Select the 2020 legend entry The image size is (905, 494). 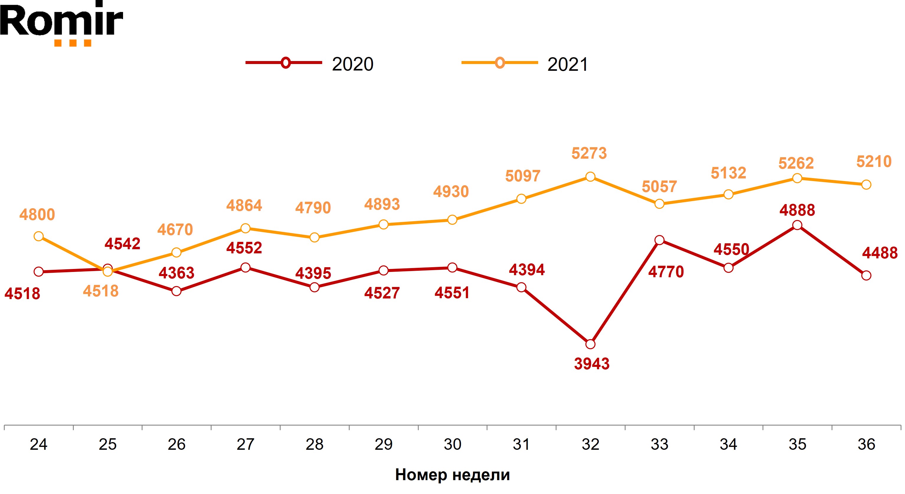pyautogui.click(x=309, y=63)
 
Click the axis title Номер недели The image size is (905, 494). pyautogui.click(x=452, y=475)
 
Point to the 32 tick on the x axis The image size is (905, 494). pyautogui.click(x=590, y=444)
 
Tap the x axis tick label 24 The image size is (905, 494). pyautogui.click(x=38, y=444)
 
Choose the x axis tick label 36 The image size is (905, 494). pyautogui.click(x=866, y=444)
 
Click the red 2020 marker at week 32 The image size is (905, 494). pyautogui.click(x=590, y=344)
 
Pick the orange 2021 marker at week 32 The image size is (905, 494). pyautogui.click(x=590, y=177)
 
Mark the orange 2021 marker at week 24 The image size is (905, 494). pyautogui.click(x=39, y=236)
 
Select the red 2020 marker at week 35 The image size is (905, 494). pyautogui.click(x=797, y=225)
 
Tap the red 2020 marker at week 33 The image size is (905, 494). pyautogui.click(x=659, y=240)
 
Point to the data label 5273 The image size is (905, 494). pyautogui.click(x=589, y=153)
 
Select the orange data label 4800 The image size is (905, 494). pyautogui.click(x=37, y=214)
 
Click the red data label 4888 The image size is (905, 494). pyautogui.click(x=797, y=210)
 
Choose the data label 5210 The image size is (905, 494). pyautogui.click(x=874, y=162)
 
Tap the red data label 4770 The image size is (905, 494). pyautogui.click(x=666, y=272)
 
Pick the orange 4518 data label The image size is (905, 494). pyautogui.click(x=101, y=291)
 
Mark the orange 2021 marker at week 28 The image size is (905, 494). pyautogui.click(x=315, y=237)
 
